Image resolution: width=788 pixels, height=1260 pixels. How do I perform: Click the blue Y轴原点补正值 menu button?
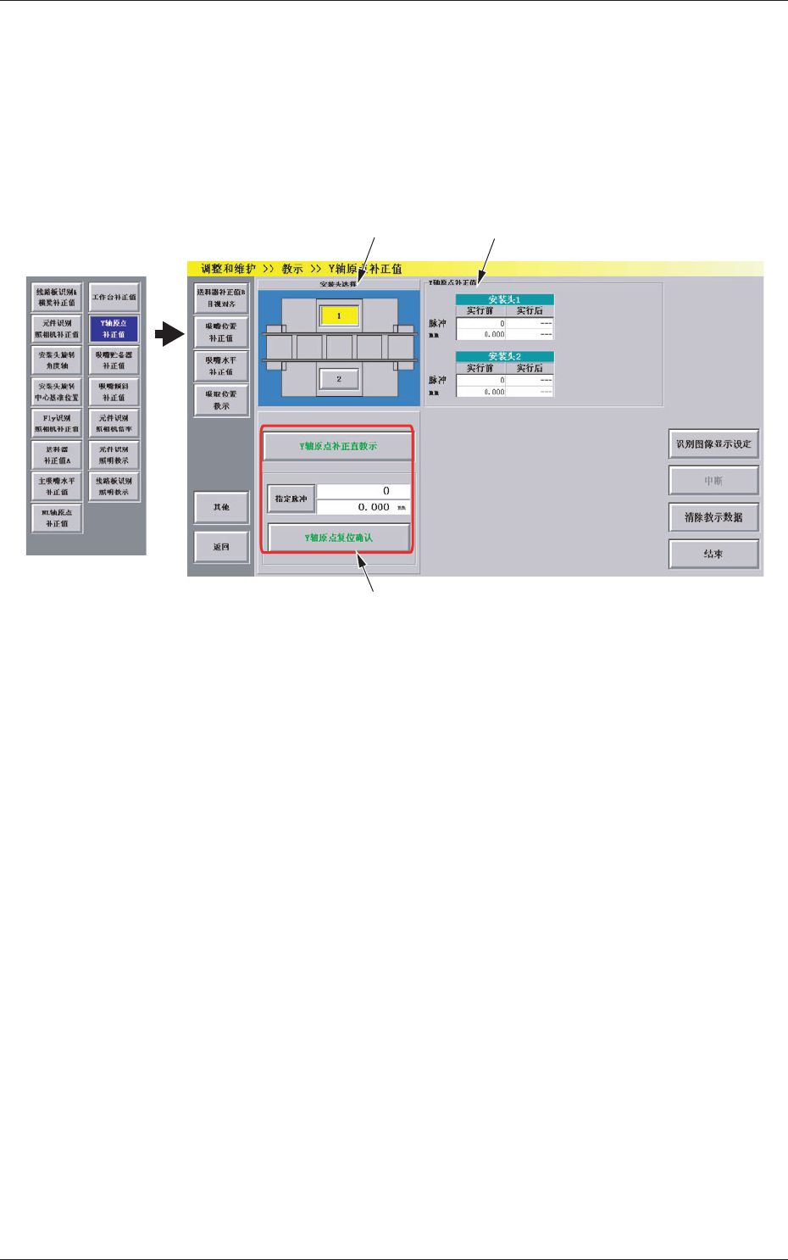point(114,329)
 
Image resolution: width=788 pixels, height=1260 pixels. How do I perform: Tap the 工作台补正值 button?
point(114,298)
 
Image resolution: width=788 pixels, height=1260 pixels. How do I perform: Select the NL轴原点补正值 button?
point(57,518)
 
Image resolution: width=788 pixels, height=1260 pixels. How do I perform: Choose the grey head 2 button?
point(339,379)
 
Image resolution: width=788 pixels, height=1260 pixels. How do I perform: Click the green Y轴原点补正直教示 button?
point(338,446)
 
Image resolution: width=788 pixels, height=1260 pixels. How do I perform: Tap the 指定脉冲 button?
point(291,499)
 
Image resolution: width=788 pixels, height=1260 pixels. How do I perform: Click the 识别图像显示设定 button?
point(713,444)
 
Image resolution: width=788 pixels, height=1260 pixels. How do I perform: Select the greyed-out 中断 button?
point(713,481)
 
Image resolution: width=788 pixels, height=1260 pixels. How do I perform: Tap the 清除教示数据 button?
point(713,517)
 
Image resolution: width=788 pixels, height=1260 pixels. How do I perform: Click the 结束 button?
point(713,554)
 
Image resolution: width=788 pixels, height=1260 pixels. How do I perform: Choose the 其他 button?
point(221,507)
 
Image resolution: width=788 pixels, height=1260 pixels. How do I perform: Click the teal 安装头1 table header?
point(504,299)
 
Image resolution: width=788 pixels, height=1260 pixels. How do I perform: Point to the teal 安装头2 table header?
point(504,356)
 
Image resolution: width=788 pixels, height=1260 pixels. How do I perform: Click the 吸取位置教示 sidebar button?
point(221,400)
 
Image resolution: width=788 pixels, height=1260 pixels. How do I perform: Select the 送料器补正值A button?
point(57,455)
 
